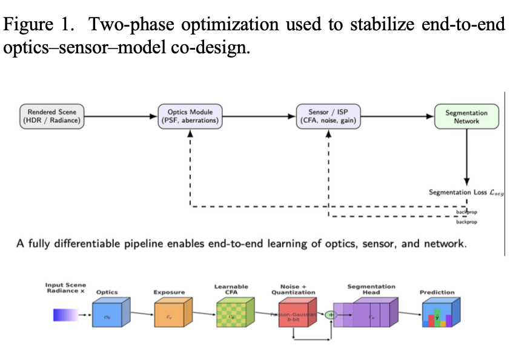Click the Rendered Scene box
pyautogui.click(x=52, y=116)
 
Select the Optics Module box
pyautogui.click(x=190, y=116)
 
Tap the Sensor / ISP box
pyautogui.click(x=328, y=116)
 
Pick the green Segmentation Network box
pyautogui.click(x=466, y=116)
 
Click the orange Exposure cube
pyautogui.click(x=170, y=315)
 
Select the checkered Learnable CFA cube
pyautogui.click(x=232, y=315)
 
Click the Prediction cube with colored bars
pyautogui.click(x=440, y=315)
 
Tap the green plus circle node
pyautogui.click(x=331, y=315)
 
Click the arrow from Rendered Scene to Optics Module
pyautogui.click(x=121, y=116)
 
